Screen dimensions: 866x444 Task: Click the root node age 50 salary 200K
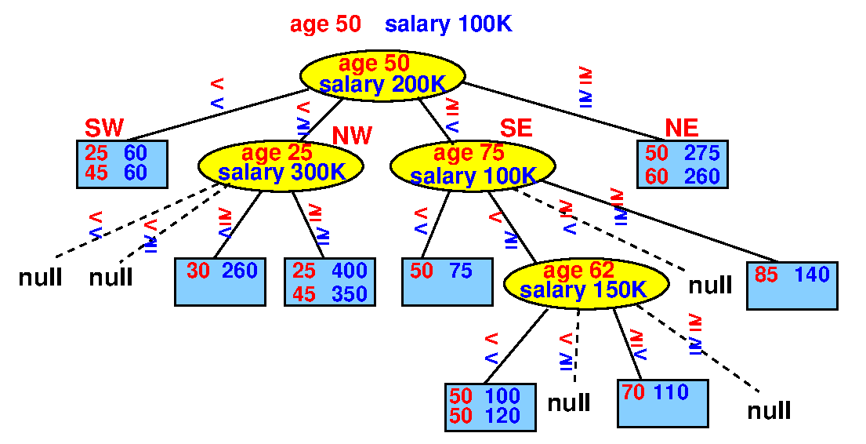tap(382, 75)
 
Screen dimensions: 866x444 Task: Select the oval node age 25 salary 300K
tap(281, 165)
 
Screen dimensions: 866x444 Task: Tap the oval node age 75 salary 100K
tap(473, 166)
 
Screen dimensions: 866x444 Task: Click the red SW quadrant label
tap(104, 128)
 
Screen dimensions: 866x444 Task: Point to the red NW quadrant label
tap(352, 136)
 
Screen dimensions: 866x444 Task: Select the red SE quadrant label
tap(516, 128)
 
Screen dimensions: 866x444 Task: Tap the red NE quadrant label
tap(682, 128)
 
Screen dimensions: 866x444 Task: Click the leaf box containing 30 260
tap(220, 282)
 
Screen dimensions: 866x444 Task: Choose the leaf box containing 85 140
tap(792, 286)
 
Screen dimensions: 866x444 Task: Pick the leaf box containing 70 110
tap(663, 403)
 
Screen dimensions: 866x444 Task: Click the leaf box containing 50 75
tap(447, 282)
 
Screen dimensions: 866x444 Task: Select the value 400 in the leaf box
tap(350, 271)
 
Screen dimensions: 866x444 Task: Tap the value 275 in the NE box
tap(702, 153)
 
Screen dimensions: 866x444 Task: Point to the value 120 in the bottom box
tap(502, 415)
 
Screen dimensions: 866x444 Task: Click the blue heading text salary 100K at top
tap(448, 24)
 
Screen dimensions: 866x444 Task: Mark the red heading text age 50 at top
tap(325, 24)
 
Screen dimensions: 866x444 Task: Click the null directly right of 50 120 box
tap(569, 403)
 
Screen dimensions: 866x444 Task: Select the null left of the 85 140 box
tap(710, 286)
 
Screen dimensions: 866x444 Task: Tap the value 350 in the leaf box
tap(350, 294)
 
